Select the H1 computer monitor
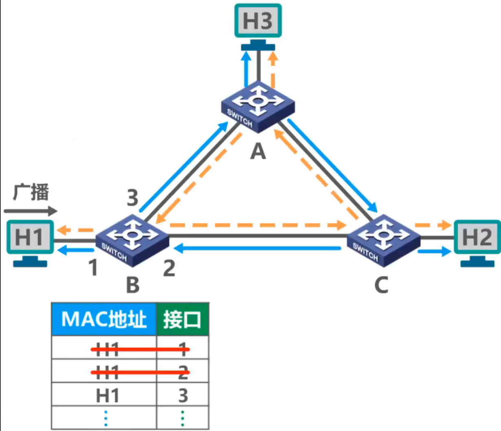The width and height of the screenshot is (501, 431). (x=30, y=237)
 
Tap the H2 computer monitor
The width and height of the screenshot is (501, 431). (x=477, y=237)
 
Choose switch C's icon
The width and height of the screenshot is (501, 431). (x=383, y=240)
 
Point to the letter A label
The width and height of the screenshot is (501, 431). (x=258, y=152)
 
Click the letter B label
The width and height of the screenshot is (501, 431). (x=133, y=285)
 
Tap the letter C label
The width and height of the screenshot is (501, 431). (x=381, y=285)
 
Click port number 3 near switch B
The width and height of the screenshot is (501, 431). (x=132, y=198)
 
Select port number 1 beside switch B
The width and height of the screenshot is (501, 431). (x=93, y=268)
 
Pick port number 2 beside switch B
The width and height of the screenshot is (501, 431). (x=169, y=268)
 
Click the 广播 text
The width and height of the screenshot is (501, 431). (x=31, y=192)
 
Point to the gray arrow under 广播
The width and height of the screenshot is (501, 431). (x=31, y=211)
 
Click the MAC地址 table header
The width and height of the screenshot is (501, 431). (x=104, y=319)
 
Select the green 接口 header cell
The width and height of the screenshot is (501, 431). (x=182, y=319)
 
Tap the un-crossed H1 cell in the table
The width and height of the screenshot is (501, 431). (x=107, y=395)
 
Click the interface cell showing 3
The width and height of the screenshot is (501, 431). (x=183, y=395)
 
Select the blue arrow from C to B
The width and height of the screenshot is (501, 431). (x=257, y=248)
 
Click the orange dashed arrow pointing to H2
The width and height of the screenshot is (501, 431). (x=433, y=225)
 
